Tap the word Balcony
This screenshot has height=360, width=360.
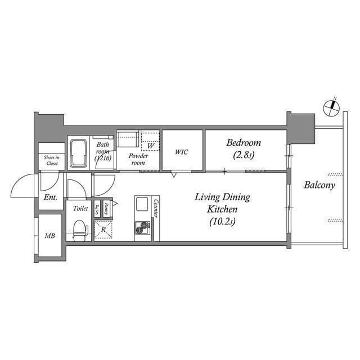(x=319, y=185)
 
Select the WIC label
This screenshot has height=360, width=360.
(x=182, y=152)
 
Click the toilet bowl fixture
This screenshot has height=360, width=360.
(x=80, y=228)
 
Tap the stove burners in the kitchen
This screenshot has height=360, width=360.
(x=142, y=228)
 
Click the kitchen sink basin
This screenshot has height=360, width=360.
(x=141, y=204)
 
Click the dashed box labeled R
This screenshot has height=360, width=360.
(x=103, y=229)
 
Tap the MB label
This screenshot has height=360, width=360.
(x=50, y=236)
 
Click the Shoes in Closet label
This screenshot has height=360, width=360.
(x=52, y=160)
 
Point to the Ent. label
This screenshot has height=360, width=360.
(x=51, y=199)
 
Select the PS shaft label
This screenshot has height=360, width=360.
(x=97, y=210)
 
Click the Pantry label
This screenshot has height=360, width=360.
(x=106, y=209)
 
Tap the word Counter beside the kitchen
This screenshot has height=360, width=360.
(x=156, y=209)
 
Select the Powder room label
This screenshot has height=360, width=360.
(x=138, y=159)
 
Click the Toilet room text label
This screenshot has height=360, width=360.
(x=80, y=208)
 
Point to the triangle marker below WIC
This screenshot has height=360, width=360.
(x=174, y=175)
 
